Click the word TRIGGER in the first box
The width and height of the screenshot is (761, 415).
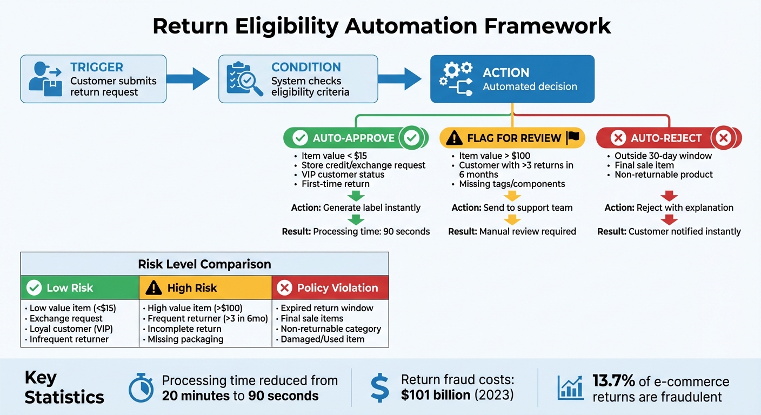97,68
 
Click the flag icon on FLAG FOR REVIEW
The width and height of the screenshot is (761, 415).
572,138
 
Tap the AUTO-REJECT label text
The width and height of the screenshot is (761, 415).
666,138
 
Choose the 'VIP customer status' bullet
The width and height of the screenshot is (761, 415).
343,175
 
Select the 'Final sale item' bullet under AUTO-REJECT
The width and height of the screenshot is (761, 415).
644,165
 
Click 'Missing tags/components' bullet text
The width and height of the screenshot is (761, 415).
512,184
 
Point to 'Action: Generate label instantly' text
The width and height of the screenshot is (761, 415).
356,207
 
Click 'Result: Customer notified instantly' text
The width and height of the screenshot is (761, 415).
669,231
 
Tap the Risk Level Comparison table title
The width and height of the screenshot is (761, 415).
204,264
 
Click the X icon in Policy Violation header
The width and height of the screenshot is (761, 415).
284,288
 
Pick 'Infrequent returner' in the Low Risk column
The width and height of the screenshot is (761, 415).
69,339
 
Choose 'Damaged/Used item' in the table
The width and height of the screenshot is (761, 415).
323,339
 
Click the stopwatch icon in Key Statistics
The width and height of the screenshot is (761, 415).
141,387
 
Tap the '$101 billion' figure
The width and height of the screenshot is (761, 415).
436,395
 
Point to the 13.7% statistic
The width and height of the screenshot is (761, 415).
613,381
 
